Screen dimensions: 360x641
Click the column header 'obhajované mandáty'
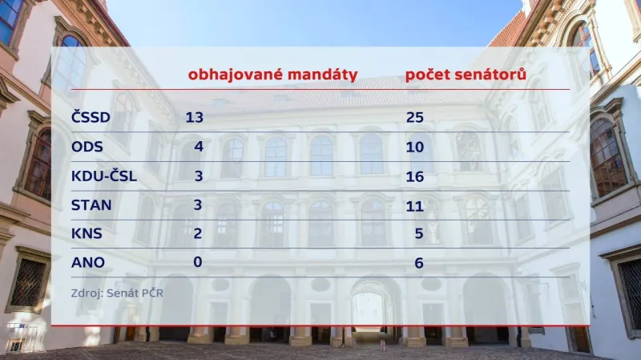click(x=272, y=75)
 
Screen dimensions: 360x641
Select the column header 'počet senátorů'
click(x=466, y=75)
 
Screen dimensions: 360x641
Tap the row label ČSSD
click(x=90, y=118)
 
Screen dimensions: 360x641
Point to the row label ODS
click(x=87, y=147)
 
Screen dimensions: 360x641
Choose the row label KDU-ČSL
click(x=103, y=176)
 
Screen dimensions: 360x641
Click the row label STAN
click(x=91, y=204)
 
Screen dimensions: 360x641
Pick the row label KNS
click(x=87, y=233)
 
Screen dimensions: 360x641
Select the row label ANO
click(x=87, y=261)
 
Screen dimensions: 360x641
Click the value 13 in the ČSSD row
click(x=195, y=118)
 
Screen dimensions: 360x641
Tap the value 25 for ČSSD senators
click(x=414, y=118)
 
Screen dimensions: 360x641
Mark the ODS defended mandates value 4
click(x=198, y=147)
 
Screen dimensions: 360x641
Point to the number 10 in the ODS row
click(x=414, y=147)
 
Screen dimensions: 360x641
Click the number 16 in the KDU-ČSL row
click(x=414, y=176)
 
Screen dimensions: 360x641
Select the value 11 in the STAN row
click(x=414, y=204)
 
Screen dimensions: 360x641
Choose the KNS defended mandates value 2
click(x=198, y=233)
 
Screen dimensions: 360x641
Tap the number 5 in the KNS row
click(x=418, y=233)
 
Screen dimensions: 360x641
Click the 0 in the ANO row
click(x=198, y=261)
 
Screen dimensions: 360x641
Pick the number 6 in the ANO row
click(x=418, y=261)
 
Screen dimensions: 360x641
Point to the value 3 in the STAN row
click(x=198, y=204)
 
